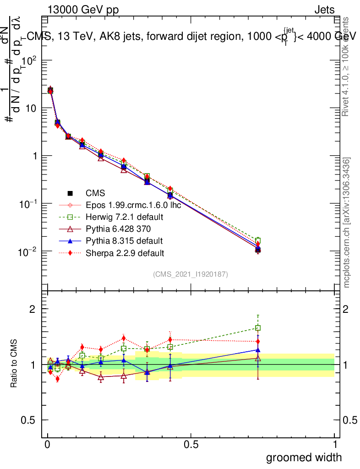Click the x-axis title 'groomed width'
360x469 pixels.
coord(304,457)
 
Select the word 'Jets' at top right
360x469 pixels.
coord(324,10)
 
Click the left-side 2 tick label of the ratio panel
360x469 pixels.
coord(33,309)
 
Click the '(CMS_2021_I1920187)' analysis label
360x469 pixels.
coord(191,274)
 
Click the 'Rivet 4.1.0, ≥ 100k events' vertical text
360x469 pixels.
coord(347,66)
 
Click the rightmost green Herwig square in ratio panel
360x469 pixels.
coord(258,328)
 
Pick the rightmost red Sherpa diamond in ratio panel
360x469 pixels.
coord(258,341)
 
